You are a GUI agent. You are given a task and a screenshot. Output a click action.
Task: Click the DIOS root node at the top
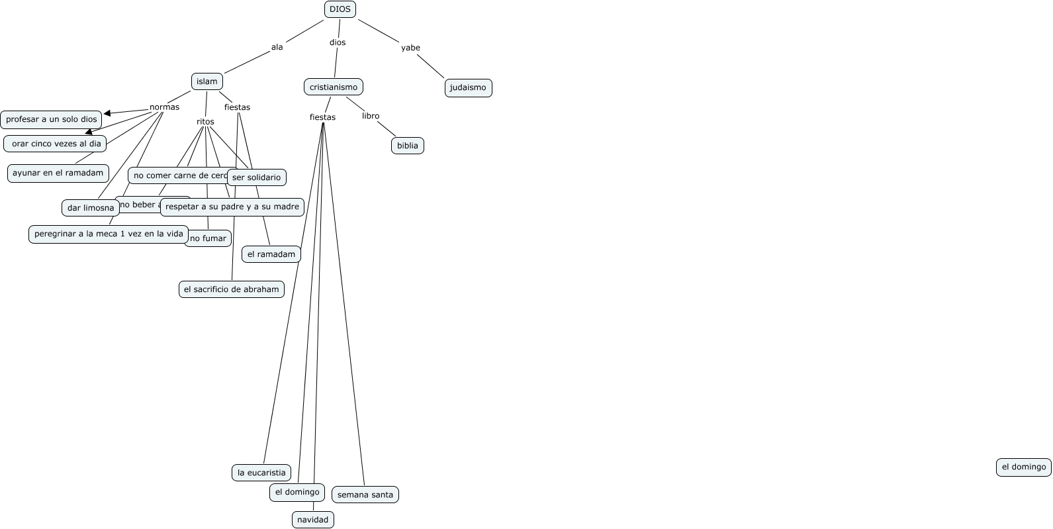click(x=340, y=9)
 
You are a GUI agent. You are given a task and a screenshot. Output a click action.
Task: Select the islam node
click(x=207, y=81)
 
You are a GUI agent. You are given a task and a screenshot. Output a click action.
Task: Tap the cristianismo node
click(x=334, y=87)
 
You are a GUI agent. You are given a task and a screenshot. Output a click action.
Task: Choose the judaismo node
click(x=468, y=87)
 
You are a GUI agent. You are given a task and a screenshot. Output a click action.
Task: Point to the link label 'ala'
click(x=277, y=47)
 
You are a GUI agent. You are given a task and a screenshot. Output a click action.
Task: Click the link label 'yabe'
click(x=410, y=48)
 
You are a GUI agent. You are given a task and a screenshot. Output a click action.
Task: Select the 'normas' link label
click(x=164, y=107)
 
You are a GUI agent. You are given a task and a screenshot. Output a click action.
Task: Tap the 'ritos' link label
click(x=205, y=122)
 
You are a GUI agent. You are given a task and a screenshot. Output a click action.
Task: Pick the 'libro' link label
click(x=371, y=116)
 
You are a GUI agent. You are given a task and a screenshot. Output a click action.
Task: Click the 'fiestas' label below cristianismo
click(x=322, y=117)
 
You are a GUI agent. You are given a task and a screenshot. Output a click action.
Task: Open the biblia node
click(x=408, y=146)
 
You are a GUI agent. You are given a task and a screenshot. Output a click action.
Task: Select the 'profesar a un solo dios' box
click(x=52, y=119)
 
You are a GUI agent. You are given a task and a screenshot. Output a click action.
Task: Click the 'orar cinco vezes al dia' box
click(x=56, y=144)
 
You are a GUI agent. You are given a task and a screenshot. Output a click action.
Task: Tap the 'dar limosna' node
click(x=91, y=208)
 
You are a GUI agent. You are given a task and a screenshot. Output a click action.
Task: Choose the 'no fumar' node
click(x=208, y=238)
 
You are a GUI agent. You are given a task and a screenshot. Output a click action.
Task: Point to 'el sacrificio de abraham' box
click(x=232, y=289)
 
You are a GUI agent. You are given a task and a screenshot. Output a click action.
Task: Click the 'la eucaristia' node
click(x=261, y=473)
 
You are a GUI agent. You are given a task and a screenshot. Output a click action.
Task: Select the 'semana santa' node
click(x=365, y=495)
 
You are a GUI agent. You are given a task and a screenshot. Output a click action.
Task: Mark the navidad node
click(x=313, y=520)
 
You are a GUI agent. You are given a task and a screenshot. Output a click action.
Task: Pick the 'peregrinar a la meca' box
click(x=109, y=234)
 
